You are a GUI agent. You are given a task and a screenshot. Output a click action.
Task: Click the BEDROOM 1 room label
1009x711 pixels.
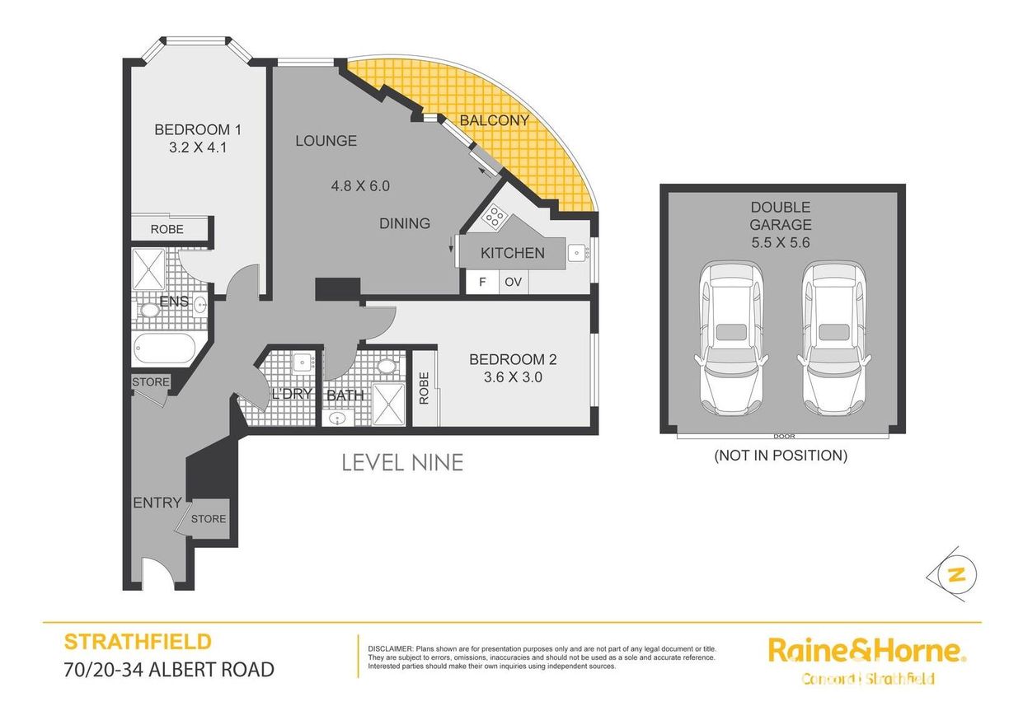198,129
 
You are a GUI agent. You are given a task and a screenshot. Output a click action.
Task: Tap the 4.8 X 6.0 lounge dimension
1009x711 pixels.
360,185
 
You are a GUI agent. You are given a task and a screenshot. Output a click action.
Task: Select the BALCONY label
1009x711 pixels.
494,120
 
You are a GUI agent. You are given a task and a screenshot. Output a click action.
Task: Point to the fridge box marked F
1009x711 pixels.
482,282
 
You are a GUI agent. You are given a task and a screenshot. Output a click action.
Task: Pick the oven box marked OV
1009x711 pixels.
514,282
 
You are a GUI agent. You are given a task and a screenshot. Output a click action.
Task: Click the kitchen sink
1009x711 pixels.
577,253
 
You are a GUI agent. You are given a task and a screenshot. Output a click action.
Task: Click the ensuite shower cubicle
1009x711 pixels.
148,269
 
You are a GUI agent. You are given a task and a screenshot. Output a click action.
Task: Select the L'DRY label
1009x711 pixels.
293,394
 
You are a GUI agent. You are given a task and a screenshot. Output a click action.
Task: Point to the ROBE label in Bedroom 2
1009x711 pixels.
424,388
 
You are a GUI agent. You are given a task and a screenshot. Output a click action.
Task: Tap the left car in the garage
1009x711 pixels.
730,339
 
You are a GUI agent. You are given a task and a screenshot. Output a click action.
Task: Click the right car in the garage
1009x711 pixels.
833,339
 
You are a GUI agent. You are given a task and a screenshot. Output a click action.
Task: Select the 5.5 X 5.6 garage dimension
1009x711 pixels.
781,242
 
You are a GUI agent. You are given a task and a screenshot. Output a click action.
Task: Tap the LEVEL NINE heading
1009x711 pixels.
403,463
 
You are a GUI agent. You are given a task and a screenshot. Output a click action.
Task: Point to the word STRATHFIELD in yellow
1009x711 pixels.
138,642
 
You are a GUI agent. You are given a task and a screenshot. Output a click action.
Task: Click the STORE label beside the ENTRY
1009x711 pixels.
209,519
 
